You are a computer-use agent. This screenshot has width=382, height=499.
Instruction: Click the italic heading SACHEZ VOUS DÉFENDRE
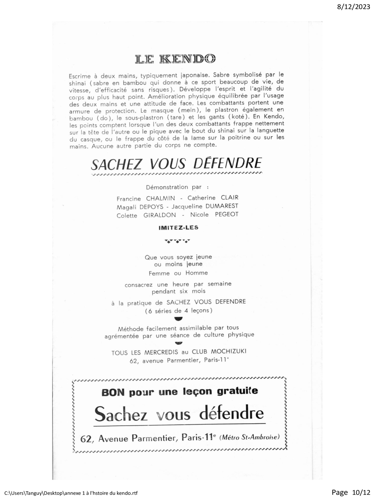tap(176, 164)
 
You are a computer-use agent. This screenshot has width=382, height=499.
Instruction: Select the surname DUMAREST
tap(222, 206)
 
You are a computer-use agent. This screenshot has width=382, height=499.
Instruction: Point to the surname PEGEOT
tap(227, 214)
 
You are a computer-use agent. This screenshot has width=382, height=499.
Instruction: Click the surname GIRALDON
tap(159, 215)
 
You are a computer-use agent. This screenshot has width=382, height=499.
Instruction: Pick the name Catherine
tap(201, 198)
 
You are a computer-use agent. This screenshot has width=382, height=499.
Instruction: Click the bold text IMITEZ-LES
tap(178, 227)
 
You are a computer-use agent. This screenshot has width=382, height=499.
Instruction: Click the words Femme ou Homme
tap(178, 273)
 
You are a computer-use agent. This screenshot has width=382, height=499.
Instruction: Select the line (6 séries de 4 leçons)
tap(178, 310)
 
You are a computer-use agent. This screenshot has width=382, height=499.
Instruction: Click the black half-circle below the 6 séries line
tap(179, 319)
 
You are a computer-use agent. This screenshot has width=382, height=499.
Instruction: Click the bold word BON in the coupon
tap(112, 392)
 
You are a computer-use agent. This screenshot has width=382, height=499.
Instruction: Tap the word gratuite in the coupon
tap(237, 391)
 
